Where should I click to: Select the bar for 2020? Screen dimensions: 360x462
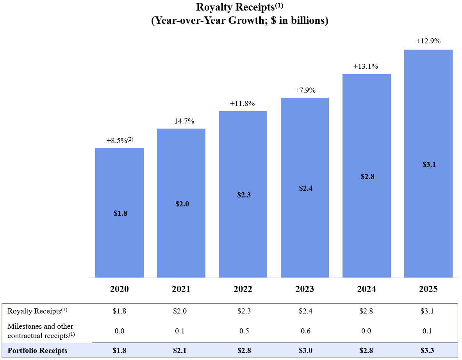[x=120, y=213]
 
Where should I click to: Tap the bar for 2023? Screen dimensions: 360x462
[x=305, y=188]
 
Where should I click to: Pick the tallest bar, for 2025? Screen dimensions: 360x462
[x=428, y=164]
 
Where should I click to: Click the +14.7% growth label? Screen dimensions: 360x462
[x=182, y=121]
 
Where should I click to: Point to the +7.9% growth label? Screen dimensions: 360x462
[x=305, y=90]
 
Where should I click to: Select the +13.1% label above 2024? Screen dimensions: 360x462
[x=366, y=66]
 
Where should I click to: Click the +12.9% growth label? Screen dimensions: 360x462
[x=428, y=41]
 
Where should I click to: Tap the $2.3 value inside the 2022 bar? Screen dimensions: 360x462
[x=243, y=195]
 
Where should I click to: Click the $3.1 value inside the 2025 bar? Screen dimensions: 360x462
[x=429, y=165]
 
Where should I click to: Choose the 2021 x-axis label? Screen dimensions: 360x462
[x=181, y=289]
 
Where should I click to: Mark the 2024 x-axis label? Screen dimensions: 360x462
[x=366, y=289]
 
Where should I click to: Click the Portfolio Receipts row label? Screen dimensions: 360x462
[x=37, y=350]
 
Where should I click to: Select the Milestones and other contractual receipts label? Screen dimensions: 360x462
[x=41, y=330]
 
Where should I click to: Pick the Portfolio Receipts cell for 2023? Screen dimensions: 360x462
[x=305, y=350]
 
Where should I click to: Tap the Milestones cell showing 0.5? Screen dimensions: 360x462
[x=243, y=331]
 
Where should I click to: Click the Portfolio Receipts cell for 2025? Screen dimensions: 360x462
[x=428, y=350]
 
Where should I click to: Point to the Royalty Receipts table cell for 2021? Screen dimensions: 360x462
[x=181, y=311]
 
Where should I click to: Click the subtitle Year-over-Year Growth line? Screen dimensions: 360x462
[x=239, y=20]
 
